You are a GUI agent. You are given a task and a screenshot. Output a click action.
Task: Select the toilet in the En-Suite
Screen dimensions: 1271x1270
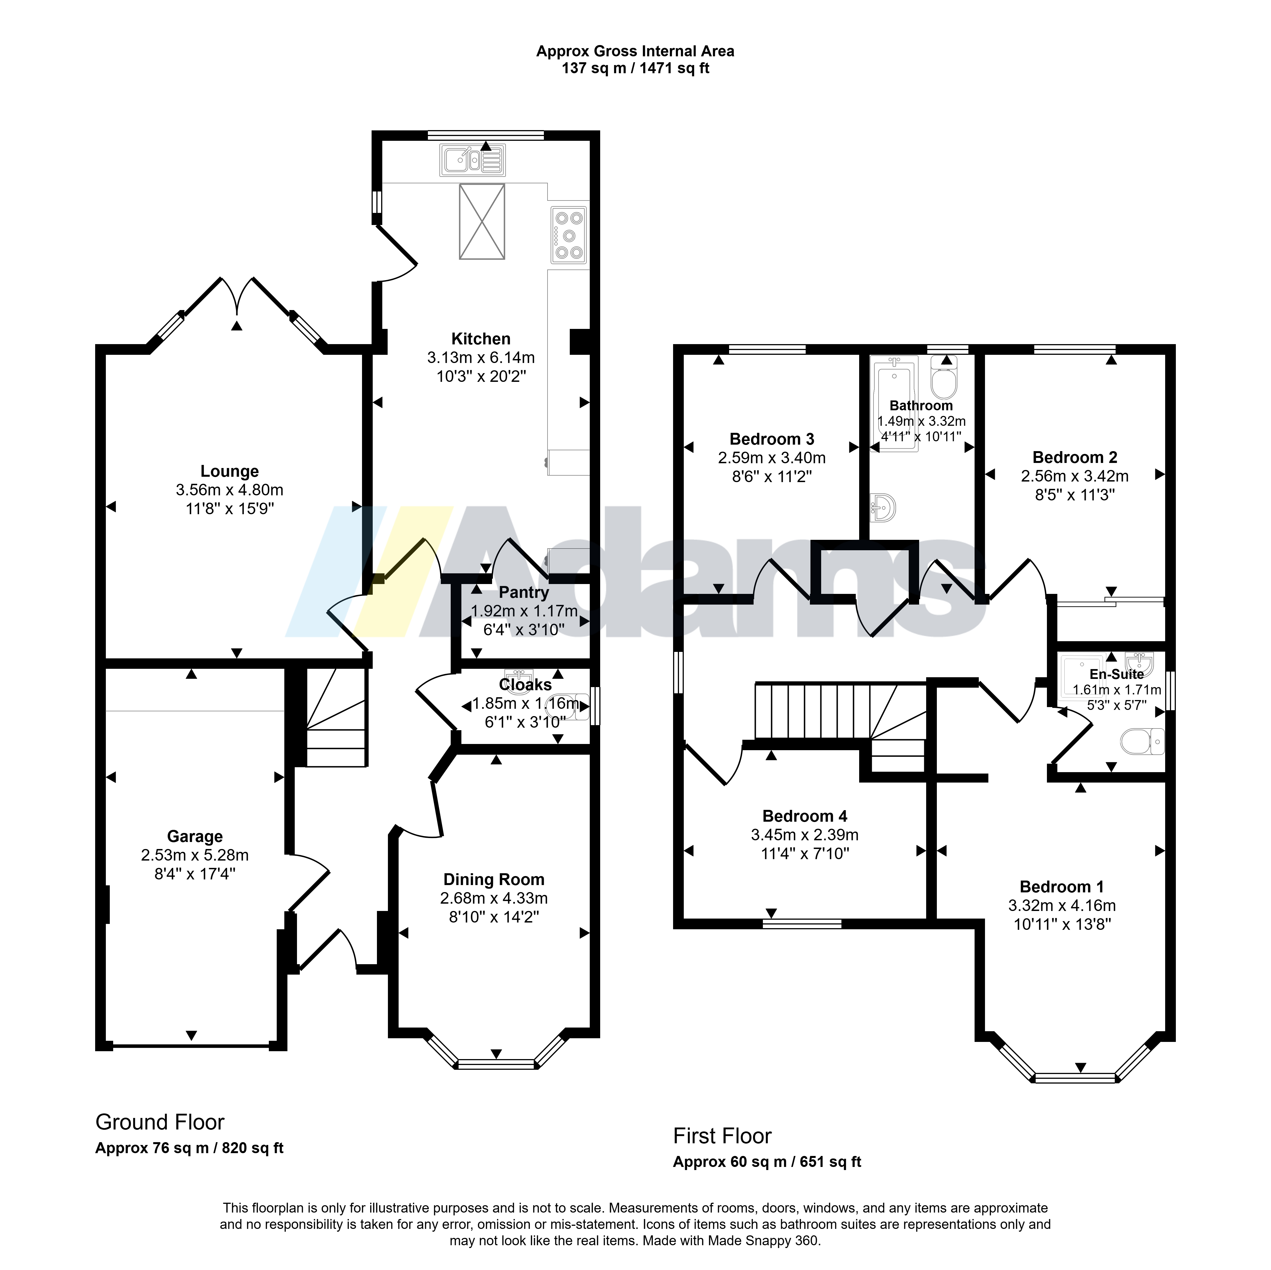pos(1142,742)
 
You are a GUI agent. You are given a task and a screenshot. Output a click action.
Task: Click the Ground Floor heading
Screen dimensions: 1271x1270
pos(160,1122)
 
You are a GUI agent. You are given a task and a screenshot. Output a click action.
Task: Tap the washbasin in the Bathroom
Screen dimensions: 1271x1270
pos(883,507)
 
